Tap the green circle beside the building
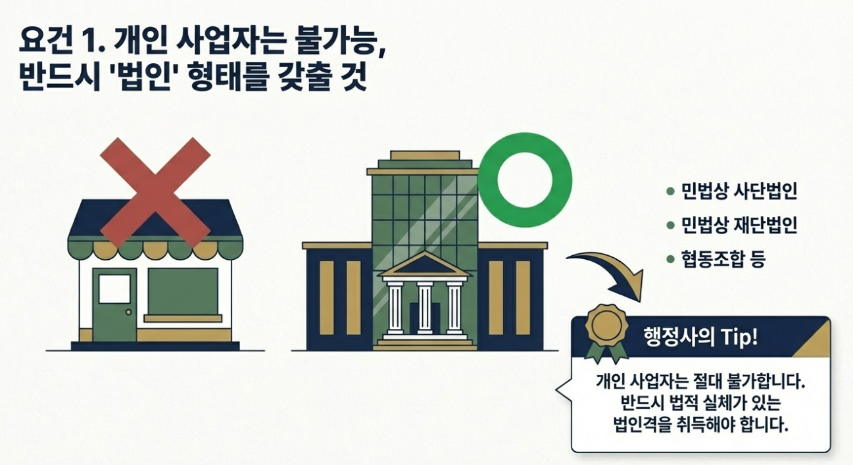click(x=525, y=180)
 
